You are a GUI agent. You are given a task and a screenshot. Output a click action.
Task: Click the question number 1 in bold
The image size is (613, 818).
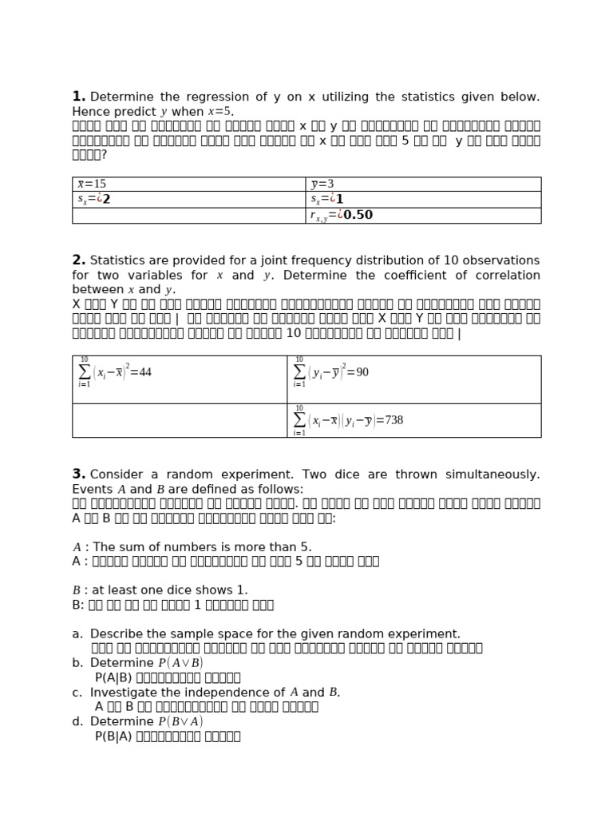coord(78,97)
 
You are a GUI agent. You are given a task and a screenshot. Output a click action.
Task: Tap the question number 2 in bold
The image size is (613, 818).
coord(78,260)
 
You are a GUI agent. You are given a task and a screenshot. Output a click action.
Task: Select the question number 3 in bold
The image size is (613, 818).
coord(78,475)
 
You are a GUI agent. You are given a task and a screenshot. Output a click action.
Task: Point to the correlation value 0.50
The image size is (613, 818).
coord(358,215)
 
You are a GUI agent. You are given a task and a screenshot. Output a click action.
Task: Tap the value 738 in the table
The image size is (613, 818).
coord(394,420)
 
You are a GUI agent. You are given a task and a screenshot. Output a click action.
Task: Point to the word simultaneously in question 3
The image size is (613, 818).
coord(494,475)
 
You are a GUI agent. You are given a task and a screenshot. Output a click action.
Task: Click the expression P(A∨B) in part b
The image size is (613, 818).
coord(180,663)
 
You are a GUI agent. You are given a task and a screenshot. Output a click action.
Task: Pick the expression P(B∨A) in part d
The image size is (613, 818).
coord(180,722)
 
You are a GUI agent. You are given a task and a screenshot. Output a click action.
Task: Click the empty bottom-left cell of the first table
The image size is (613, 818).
coord(188,216)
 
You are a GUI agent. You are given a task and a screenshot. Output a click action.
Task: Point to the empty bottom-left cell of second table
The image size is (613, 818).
coord(180,420)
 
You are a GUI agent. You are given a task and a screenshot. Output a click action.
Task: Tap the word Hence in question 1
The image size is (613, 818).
coord(90,112)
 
